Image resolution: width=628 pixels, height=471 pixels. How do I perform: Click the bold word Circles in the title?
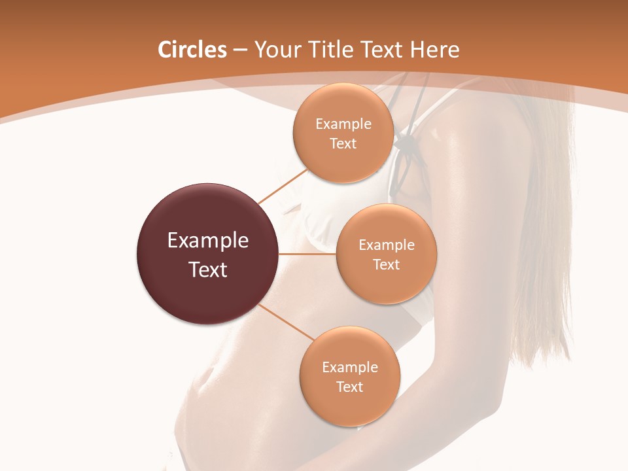point(192,50)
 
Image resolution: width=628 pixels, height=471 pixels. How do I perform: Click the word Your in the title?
point(277,50)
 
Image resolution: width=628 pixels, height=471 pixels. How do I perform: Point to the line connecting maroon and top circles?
point(283,186)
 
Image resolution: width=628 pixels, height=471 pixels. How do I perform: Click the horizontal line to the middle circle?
point(307,254)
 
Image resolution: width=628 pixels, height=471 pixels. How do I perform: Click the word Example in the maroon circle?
point(208,241)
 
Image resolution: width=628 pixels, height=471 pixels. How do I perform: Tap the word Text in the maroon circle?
point(208,270)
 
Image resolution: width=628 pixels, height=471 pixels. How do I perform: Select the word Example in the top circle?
point(343,124)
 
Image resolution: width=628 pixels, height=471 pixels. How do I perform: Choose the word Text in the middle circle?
point(387,264)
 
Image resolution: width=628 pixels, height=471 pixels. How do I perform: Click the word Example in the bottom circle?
point(350,368)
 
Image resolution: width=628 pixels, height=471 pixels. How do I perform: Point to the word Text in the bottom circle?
point(350,387)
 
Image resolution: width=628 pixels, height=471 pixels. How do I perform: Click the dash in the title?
point(239,50)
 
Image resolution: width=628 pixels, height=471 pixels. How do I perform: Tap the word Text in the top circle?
point(343,143)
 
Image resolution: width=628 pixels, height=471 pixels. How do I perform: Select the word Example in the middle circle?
point(387,245)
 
